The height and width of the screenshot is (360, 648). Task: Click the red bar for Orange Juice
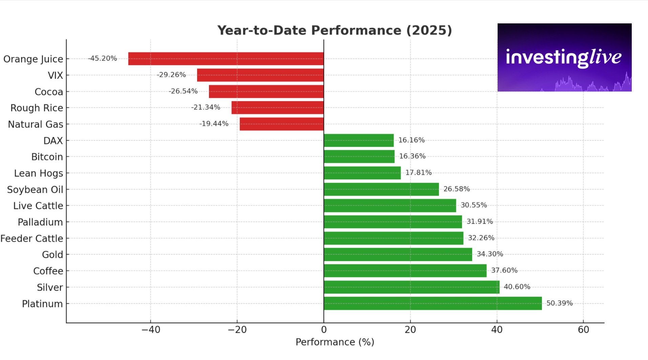226,59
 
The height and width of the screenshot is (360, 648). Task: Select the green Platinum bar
433,303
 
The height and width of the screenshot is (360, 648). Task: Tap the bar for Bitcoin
359,157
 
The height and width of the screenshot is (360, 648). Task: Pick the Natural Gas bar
281,124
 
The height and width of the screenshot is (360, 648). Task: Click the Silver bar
412,287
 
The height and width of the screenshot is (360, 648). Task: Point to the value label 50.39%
559,303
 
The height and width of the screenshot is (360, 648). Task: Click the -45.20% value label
103,58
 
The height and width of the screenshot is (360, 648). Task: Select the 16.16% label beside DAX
411,140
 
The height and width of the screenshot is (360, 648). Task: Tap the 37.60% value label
504,270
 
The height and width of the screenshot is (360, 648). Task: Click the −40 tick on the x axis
150,329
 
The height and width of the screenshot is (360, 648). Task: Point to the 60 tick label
583,329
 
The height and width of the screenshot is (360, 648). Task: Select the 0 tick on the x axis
324,329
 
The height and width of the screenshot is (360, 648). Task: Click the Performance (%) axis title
335,342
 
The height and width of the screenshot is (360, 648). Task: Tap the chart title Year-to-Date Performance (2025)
335,31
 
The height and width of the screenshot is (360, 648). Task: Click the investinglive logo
564,57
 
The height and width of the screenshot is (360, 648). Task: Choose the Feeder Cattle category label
32,238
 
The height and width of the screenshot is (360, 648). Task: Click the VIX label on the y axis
55,75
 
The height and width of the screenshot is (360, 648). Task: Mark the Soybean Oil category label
35,189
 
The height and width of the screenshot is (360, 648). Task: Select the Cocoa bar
266,92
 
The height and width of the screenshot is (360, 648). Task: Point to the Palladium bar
393,222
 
